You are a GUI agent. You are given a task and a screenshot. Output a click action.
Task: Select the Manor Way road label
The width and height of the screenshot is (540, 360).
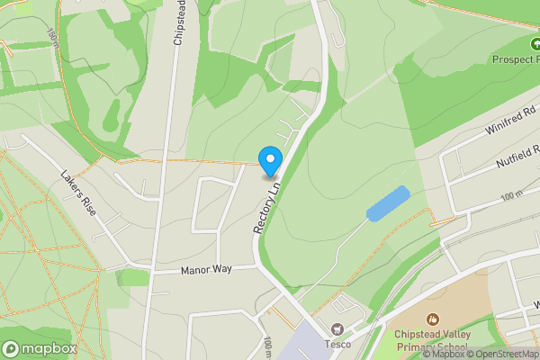click(206, 269)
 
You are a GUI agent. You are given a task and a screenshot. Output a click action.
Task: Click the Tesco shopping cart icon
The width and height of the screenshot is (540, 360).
click(337, 329)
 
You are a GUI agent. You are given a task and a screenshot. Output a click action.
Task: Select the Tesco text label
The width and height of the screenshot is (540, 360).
click(337, 343)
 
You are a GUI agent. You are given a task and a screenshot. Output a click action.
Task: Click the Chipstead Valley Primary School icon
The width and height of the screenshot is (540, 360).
click(433, 319)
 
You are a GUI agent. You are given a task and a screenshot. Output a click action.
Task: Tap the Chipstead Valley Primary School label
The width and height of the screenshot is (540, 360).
click(432, 341)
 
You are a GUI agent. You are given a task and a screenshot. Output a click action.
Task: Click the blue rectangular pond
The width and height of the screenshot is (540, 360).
click(388, 202)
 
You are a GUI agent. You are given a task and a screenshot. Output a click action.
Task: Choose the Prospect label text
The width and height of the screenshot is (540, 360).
click(514, 59)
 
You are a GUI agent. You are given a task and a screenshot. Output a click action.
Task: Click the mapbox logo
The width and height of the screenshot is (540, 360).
click(40, 348)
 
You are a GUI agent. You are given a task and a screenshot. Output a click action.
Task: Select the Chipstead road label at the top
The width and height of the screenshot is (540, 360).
click(178, 24)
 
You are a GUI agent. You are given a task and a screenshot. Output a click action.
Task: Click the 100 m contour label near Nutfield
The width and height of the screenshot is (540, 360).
click(511, 195)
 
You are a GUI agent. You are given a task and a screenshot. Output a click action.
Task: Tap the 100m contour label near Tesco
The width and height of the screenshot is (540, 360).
click(268, 346)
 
